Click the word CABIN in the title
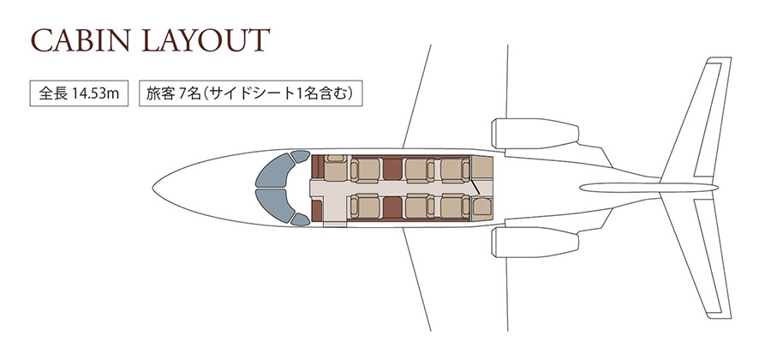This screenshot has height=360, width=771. [x=81, y=40]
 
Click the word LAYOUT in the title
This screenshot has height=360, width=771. [x=206, y=40]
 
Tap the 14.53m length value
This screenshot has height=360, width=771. [x=95, y=93]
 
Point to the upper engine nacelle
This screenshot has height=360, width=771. [x=535, y=133]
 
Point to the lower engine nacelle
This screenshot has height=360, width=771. [x=535, y=242]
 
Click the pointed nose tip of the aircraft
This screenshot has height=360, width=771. [x=153, y=188]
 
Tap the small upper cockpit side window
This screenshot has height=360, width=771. [x=300, y=157]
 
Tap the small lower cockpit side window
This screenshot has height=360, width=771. [x=300, y=219]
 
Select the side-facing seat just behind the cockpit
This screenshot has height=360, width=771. [x=336, y=168]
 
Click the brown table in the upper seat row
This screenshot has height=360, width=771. [x=391, y=170]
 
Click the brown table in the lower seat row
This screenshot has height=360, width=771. [x=391, y=207]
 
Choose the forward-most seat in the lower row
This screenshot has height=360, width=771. [x=364, y=206]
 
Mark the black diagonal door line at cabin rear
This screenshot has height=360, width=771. [x=475, y=187]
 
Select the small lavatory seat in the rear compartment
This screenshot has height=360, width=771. [x=481, y=207]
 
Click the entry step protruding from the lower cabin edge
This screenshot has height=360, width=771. [x=335, y=224]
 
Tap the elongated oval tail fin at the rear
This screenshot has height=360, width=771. [x=648, y=188]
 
